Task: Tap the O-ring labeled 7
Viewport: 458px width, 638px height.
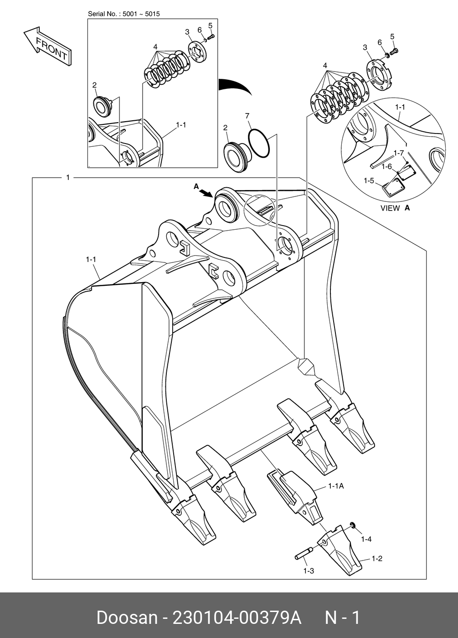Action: tap(260, 143)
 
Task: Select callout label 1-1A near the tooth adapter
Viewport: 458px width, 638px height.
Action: tap(336, 486)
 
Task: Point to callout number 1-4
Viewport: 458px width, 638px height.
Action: tap(366, 539)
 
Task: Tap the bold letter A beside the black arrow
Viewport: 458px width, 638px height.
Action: tap(196, 186)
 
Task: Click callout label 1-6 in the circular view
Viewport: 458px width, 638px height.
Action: tap(387, 166)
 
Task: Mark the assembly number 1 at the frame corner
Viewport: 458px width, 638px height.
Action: tap(68, 177)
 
